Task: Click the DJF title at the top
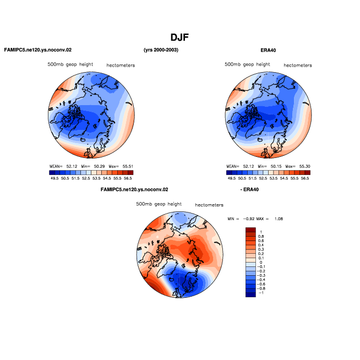point(179,37)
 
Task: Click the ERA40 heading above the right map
point(268,50)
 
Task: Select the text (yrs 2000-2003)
point(161,50)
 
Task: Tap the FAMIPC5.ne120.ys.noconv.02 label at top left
point(38,50)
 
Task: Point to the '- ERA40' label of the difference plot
point(249,189)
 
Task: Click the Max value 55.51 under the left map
point(128,166)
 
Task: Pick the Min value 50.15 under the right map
point(276,166)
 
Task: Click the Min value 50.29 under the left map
point(99,166)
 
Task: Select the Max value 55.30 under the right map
point(304,166)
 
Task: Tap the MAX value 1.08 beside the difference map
point(279,219)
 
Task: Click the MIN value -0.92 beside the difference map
point(249,219)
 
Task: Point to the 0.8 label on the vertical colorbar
point(261,237)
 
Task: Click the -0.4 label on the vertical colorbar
point(261,280)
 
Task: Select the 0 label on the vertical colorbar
point(261,263)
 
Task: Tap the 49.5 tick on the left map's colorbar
point(54,178)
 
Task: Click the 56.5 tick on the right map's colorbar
point(305,178)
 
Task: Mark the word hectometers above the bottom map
point(209,205)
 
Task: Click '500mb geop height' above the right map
point(247,64)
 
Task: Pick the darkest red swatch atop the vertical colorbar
point(250,230)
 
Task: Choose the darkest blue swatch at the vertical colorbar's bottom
point(250,295)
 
